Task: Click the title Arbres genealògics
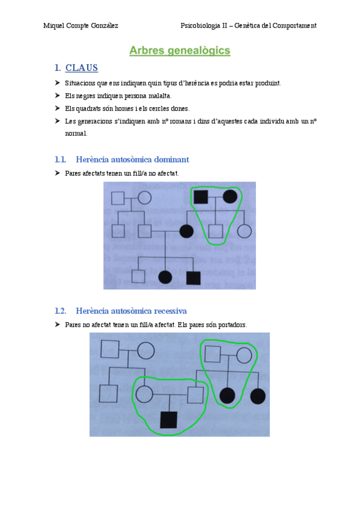pos(180,51)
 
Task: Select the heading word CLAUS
pos(81,68)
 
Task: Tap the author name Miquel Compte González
pos(81,25)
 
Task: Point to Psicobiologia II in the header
pos(204,25)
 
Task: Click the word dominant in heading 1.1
pos(168,159)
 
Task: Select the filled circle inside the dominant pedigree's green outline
pos(230,197)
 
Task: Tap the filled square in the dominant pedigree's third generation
pos(193,277)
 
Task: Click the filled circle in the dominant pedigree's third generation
pos(165,277)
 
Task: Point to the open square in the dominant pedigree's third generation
pos(139,277)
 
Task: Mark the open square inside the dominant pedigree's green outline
pos(215,230)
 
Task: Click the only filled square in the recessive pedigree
pos(169,419)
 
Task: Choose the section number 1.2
pos(59,311)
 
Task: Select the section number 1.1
pos(59,159)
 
